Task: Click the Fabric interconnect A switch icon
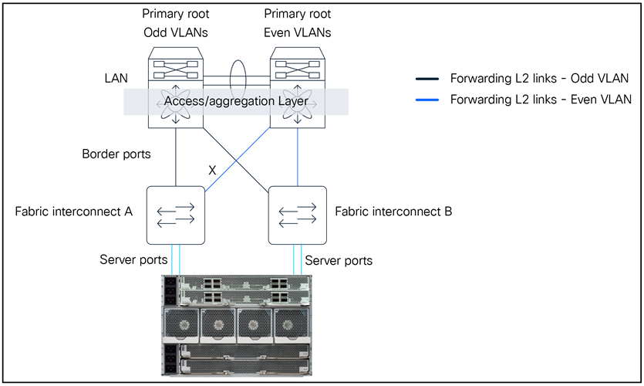point(177,214)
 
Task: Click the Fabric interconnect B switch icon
point(297,214)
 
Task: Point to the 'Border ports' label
point(116,154)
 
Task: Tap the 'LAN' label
point(116,79)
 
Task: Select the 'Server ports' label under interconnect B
point(339,260)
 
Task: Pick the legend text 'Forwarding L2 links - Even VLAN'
point(541,100)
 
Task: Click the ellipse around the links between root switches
point(237,77)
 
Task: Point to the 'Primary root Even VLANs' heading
point(298,23)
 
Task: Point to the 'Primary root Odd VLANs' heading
point(177,23)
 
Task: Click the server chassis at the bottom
point(236,326)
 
